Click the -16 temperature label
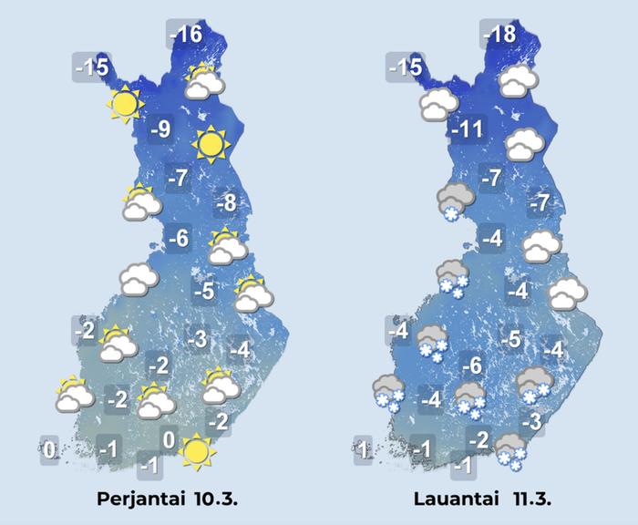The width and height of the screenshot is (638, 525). [x=186, y=36]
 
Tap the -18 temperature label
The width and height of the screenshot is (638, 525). [x=499, y=36]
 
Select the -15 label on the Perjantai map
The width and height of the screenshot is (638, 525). [x=92, y=67]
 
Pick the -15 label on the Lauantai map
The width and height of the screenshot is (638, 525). [x=405, y=67]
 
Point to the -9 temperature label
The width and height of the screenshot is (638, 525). [x=160, y=129]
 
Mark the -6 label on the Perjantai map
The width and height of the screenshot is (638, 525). [x=179, y=240]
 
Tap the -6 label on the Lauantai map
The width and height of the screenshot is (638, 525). [x=470, y=366]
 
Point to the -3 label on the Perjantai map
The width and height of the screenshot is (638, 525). [x=198, y=340]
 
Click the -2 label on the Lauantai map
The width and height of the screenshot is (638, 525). [x=478, y=439]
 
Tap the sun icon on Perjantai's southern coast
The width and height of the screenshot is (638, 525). [x=194, y=451]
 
